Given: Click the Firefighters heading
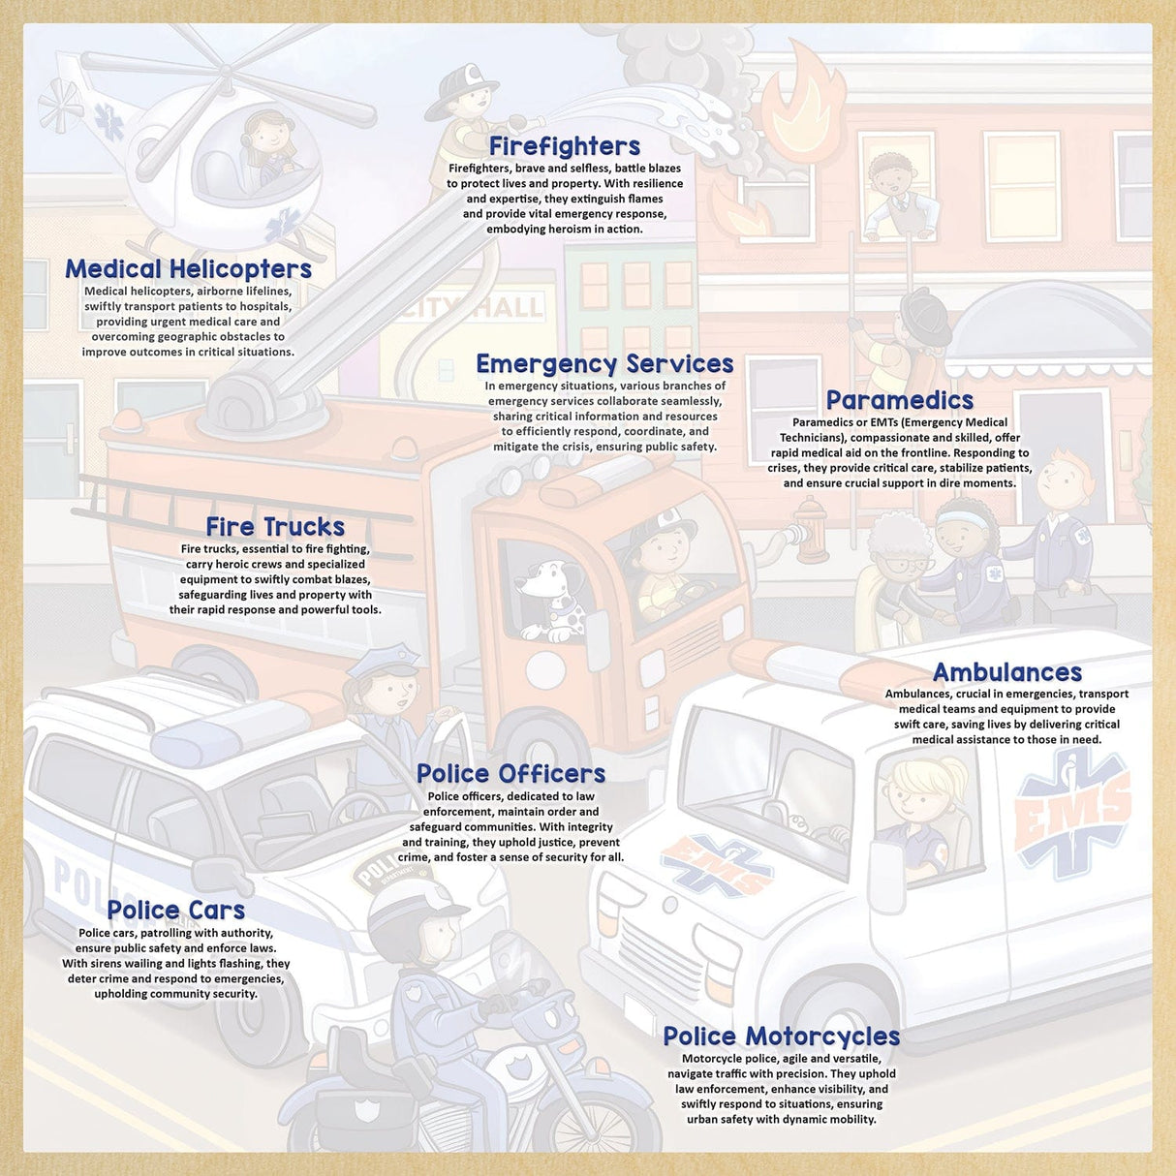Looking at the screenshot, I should [x=564, y=146].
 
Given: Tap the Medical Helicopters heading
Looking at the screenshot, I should [x=188, y=269].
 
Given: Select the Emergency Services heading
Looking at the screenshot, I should [x=604, y=364].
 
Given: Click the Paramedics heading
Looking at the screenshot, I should [x=899, y=400].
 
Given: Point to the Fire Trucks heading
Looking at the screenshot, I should [x=275, y=527].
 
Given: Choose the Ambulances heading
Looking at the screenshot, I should [x=1006, y=672].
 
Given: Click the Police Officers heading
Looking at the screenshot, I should [x=511, y=774].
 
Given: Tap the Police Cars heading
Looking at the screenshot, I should [x=175, y=911].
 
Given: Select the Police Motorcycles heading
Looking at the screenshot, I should [x=781, y=1037].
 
